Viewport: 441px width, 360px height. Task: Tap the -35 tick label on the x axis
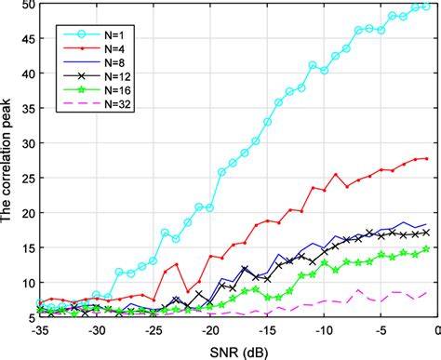[39, 330]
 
